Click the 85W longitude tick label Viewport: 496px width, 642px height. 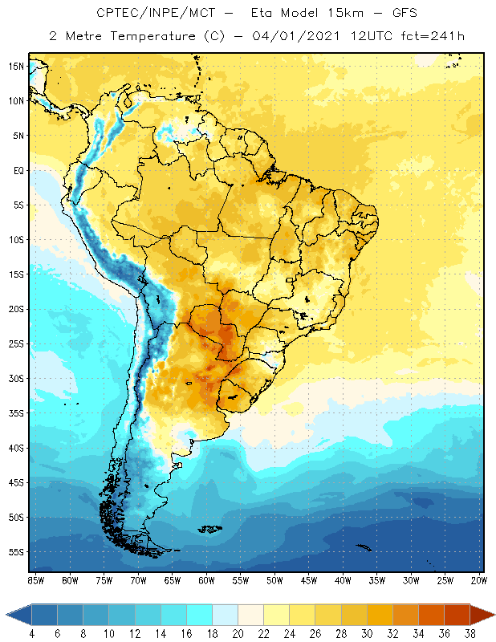(x=35, y=580)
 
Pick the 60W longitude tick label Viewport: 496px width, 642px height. (x=206, y=580)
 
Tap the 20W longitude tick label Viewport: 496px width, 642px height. (x=478, y=580)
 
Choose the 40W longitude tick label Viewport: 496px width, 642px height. (x=343, y=580)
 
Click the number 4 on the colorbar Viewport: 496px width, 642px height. (x=31, y=634)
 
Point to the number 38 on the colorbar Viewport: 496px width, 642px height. (x=470, y=634)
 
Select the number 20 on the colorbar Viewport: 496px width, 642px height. (x=238, y=634)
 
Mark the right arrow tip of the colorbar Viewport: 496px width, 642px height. (x=494, y=615)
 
